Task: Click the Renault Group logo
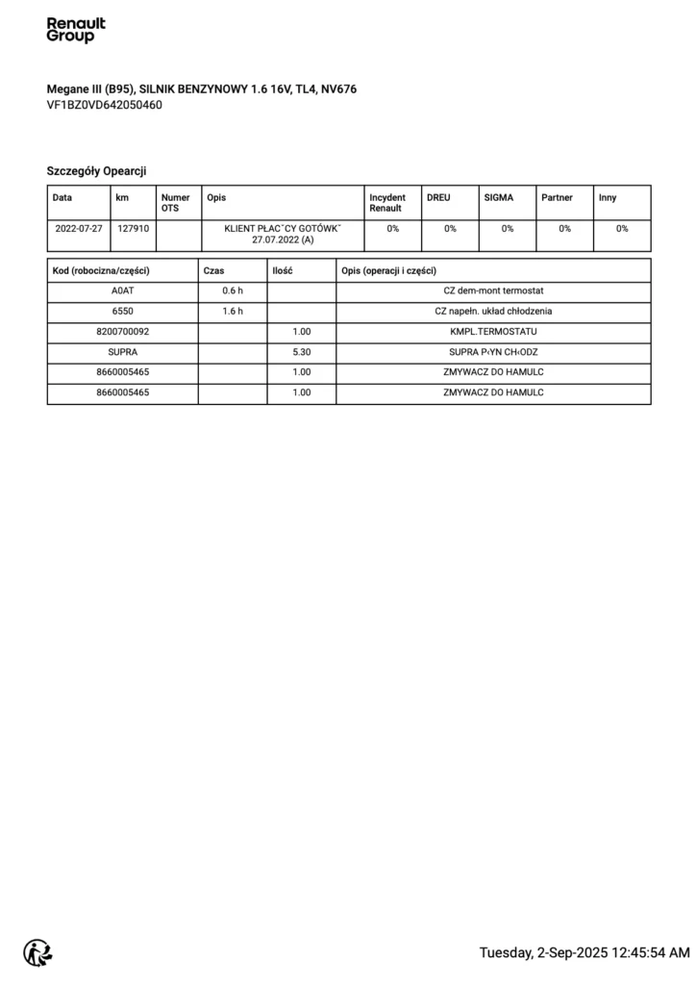[76, 30]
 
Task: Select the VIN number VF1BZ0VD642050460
[104, 105]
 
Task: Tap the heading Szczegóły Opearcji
[96, 170]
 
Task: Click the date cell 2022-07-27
[79, 229]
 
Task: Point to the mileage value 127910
[133, 229]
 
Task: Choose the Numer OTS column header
[175, 203]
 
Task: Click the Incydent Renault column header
[386, 203]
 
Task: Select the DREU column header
[438, 197]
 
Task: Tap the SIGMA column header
[498, 197]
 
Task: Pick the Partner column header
[557, 197]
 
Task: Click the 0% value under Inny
[622, 229]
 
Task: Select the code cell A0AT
[123, 290]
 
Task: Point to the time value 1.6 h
[233, 312]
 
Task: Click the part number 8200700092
[123, 332]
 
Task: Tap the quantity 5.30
[301, 352]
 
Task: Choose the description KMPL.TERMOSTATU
[493, 332]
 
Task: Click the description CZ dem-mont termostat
[493, 290]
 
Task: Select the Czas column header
[213, 270]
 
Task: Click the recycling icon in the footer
[38, 952]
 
